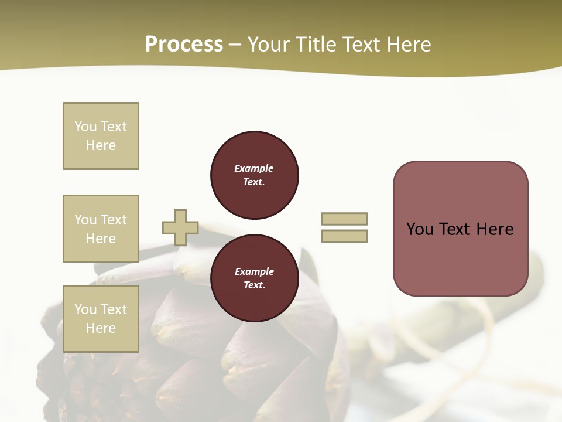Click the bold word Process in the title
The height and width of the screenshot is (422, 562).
tap(184, 45)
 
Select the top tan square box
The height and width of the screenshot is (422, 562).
tap(101, 136)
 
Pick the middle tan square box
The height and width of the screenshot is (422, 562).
tap(101, 229)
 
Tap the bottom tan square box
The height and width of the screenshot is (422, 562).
tap(101, 319)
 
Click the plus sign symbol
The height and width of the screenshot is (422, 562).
tap(180, 227)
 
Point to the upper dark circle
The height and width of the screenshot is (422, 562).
tap(254, 175)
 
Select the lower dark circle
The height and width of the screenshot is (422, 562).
tap(254, 278)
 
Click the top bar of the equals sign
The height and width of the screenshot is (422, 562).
tap(344, 219)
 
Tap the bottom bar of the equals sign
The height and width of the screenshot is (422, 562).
tap(344, 236)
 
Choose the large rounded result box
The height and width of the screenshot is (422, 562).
tap(460, 229)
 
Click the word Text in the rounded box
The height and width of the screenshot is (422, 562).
tap(456, 229)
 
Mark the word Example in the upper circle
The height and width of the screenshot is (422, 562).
tap(254, 168)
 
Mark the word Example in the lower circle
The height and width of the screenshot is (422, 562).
tap(254, 271)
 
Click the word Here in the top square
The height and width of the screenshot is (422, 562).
tap(101, 145)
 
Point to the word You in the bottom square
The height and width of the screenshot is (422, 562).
tap(85, 309)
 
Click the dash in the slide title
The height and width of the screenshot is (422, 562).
tap(235, 45)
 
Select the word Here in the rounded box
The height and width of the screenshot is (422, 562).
tap(495, 229)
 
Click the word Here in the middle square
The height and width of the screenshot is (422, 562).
tap(101, 239)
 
